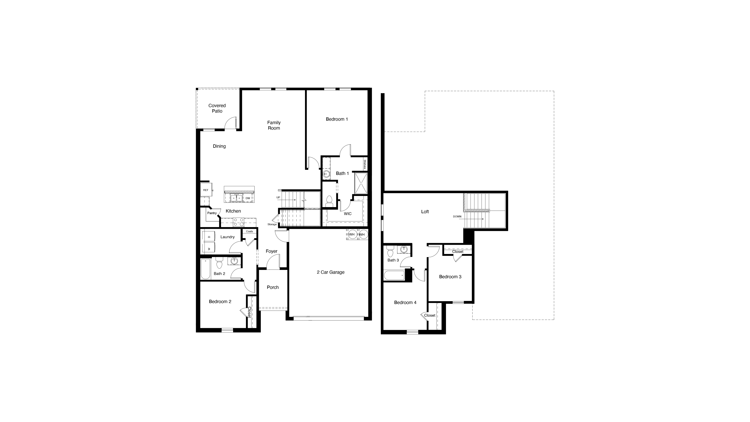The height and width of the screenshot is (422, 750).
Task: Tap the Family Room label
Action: click(x=274, y=125)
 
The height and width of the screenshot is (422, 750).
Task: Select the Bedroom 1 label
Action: click(x=337, y=119)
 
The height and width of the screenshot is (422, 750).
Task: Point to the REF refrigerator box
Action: click(x=206, y=190)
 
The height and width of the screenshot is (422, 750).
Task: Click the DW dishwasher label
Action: click(x=248, y=198)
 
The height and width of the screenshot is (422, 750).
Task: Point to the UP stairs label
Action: click(x=278, y=197)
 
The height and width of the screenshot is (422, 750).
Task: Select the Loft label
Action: click(x=425, y=212)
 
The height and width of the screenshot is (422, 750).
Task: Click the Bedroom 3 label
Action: click(x=450, y=277)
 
